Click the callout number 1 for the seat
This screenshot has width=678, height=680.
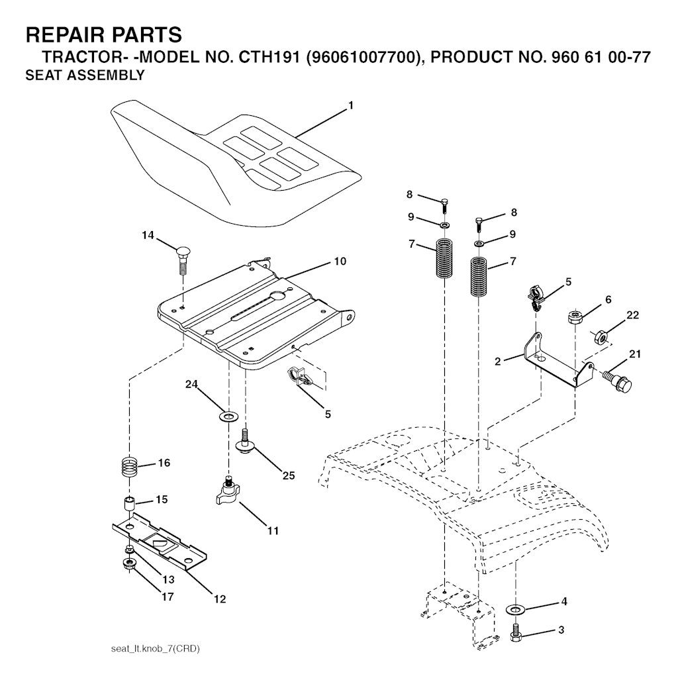point(350,105)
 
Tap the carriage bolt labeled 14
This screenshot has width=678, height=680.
point(183,260)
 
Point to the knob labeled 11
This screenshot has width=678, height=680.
point(226,491)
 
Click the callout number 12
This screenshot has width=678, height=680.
point(220,599)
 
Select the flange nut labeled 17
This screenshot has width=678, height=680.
point(129,565)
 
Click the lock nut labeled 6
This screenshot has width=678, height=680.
point(575,316)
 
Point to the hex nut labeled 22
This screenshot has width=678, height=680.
point(597,336)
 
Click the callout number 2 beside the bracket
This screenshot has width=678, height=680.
point(497,361)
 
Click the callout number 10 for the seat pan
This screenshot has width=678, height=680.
point(340,261)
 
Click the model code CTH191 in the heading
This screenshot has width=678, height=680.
point(270,57)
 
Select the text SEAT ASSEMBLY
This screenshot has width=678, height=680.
point(85,75)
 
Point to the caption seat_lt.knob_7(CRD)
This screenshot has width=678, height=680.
point(156,648)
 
